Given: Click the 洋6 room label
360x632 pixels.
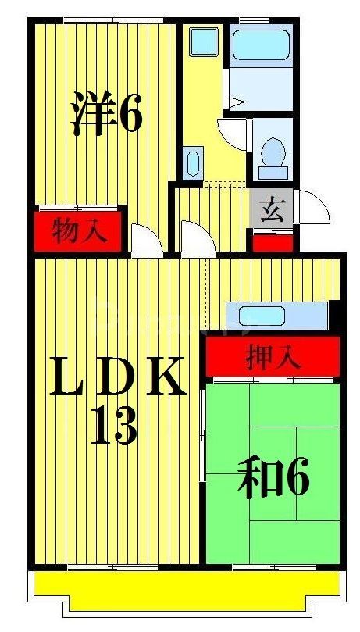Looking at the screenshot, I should click(106, 113).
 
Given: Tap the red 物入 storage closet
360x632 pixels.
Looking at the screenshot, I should click(78, 231).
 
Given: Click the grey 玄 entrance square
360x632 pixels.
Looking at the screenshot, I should click(271, 211).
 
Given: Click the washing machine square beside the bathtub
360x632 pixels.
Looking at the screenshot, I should click(204, 41).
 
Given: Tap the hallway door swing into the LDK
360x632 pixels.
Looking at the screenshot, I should click(195, 237).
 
